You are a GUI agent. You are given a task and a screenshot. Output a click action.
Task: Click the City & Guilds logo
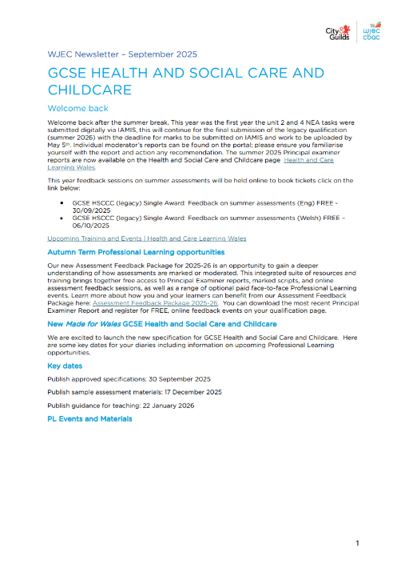[338, 31]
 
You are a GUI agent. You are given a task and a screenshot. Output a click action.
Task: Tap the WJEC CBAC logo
[371, 31]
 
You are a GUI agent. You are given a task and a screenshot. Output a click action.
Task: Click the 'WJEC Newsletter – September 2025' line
[122, 54]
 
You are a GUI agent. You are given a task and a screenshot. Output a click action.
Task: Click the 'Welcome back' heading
[78, 108]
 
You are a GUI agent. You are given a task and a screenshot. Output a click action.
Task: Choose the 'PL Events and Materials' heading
[89, 418]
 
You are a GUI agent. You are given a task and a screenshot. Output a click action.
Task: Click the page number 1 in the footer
[358, 544]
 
